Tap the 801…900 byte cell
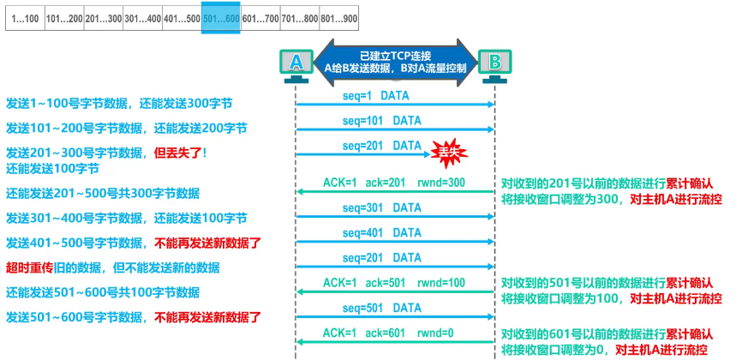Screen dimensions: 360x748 338,17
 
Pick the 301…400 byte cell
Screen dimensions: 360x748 142,17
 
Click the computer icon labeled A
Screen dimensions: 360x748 296,63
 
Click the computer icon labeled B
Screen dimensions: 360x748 494,63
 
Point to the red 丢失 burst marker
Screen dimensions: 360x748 449,152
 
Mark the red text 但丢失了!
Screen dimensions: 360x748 180,153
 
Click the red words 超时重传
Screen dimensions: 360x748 25,267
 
